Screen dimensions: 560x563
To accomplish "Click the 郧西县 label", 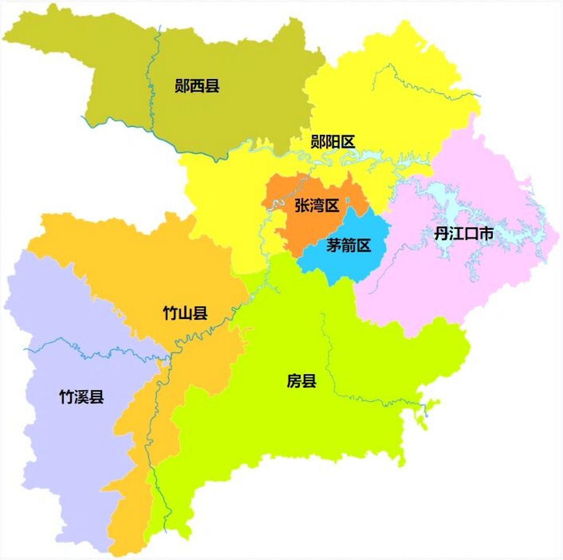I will point(197,85).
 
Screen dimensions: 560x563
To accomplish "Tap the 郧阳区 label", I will point(332,142).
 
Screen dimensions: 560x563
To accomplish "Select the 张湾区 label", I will point(317,205).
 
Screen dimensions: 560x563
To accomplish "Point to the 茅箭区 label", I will point(348,245).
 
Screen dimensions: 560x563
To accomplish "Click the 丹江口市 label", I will point(464,234).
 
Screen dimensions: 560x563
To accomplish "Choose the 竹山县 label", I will point(185,313).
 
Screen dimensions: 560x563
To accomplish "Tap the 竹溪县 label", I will point(82,397).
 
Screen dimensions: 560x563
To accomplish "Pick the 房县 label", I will point(301,381).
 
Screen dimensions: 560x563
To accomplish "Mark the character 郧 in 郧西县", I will point(182,85).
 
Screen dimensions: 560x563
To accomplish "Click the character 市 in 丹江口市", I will point(486,234).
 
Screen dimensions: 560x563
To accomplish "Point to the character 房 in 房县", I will point(294,381).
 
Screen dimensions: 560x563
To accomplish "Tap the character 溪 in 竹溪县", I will point(82,397).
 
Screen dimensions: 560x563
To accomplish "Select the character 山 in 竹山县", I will point(185,313).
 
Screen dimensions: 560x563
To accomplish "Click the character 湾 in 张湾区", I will point(317,205).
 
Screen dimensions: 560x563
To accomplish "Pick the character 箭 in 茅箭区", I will point(348,245).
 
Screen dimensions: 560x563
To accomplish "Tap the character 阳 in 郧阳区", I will point(332,142).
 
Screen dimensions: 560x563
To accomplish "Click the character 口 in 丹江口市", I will point(471,234).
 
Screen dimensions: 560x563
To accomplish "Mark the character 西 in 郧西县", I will point(197,85).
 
